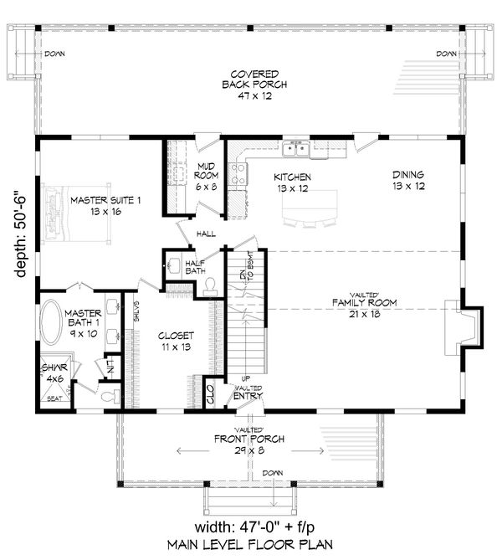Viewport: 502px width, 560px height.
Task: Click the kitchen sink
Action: [x=297, y=149]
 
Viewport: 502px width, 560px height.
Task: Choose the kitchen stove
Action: [x=238, y=174]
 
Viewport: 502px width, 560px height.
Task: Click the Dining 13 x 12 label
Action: [x=407, y=181]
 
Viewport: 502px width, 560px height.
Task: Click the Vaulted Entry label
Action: [x=249, y=394]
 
